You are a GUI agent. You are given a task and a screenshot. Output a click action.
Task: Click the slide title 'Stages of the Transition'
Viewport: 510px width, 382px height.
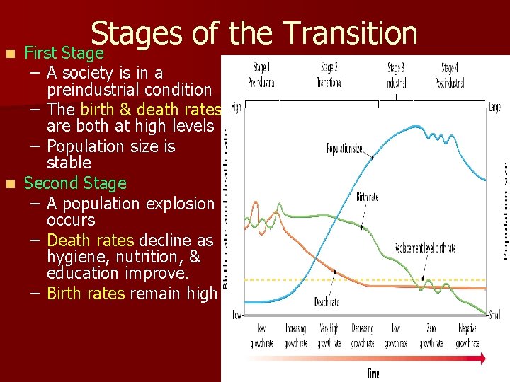[x=254, y=33]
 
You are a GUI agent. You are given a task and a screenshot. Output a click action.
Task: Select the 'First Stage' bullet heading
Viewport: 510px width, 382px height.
[x=64, y=53]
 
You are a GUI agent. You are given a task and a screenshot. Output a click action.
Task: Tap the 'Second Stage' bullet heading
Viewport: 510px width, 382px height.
[x=75, y=183]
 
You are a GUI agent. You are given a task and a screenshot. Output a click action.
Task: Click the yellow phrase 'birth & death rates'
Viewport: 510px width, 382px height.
[x=151, y=110]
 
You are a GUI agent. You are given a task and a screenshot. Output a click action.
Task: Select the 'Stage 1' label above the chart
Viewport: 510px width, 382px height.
[x=260, y=68]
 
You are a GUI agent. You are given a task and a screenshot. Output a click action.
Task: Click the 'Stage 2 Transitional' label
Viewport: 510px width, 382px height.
[x=328, y=74]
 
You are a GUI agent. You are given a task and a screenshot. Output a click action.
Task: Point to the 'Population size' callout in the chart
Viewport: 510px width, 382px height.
[x=344, y=149]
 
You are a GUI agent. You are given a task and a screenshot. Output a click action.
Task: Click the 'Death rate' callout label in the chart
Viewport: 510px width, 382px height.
[x=327, y=303]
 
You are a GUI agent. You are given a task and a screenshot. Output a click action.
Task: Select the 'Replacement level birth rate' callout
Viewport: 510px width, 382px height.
[x=425, y=248]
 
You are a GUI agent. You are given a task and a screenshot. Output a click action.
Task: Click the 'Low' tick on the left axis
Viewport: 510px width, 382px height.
[x=237, y=314]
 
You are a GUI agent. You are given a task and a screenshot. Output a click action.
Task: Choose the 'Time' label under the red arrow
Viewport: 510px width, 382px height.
[x=373, y=373]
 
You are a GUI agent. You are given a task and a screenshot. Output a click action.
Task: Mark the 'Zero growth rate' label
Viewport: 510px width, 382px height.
[x=431, y=336]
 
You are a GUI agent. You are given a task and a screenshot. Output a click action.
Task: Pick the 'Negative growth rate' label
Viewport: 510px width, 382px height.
[x=467, y=336]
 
